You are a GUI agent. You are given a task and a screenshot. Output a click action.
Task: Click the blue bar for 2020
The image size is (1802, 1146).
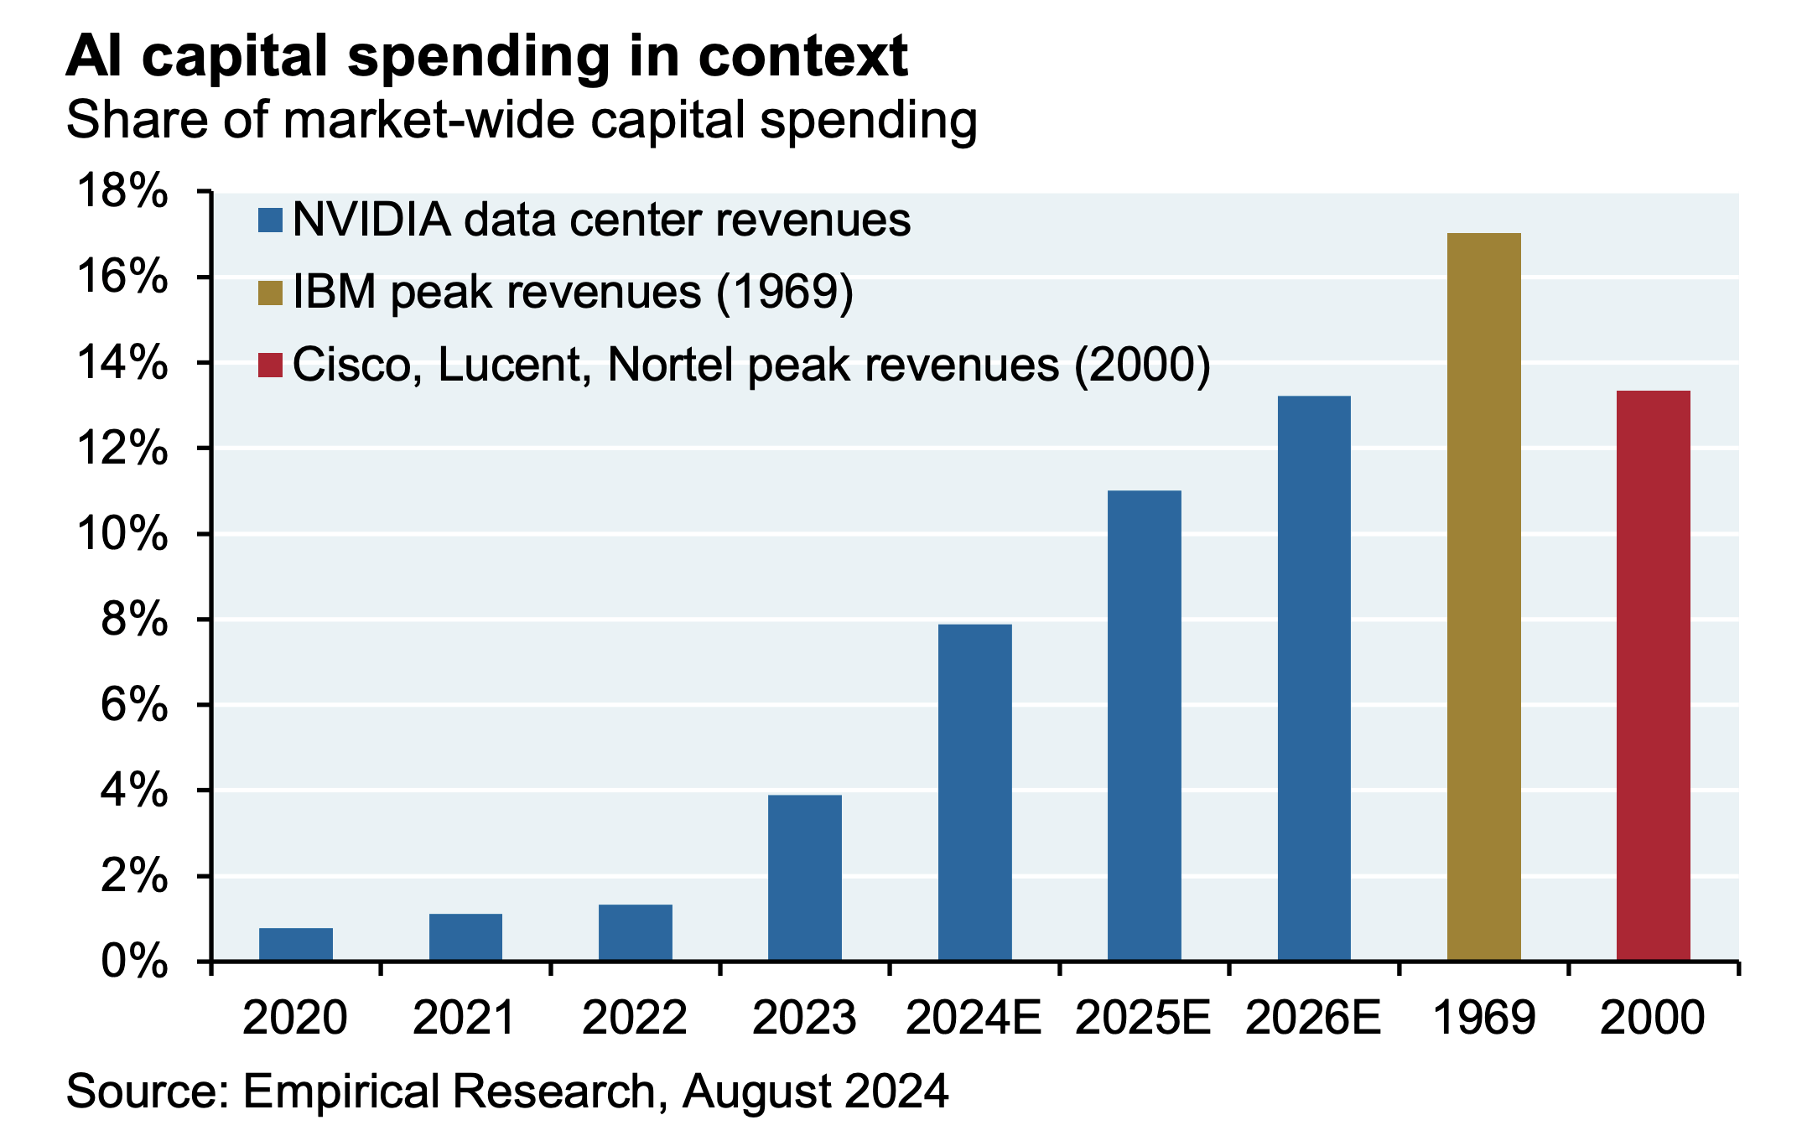pyautogui.click(x=295, y=944)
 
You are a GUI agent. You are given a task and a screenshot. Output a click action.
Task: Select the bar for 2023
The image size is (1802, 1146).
pyautogui.click(x=804, y=877)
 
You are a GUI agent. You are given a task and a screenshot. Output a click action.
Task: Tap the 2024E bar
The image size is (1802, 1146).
pyautogui.click(x=974, y=791)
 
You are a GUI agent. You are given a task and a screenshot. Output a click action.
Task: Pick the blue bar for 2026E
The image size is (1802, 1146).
pyautogui.click(x=1314, y=677)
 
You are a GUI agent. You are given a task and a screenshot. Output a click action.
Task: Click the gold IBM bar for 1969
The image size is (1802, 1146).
pyautogui.click(x=1483, y=596)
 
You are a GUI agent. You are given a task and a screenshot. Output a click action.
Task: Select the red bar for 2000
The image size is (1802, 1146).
pyautogui.click(x=1653, y=675)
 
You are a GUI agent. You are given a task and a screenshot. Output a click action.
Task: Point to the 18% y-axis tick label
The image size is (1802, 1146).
pyautogui.click(x=122, y=192)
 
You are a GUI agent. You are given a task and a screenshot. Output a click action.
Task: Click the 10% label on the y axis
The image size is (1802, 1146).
pyautogui.click(x=122, y=534)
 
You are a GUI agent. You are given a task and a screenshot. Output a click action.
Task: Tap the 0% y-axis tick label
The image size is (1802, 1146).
pyautogui.click(x=134, y=962)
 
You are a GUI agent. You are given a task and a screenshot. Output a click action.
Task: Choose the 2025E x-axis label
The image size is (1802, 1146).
pyautogui.click(x=1143, y=1019)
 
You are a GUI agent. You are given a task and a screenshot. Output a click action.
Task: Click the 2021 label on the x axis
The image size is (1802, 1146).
pyautogui.click(x=465, y=1019)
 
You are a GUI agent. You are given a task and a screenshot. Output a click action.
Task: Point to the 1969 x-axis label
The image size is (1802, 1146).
pyautogui.click(x=1483, y=1019)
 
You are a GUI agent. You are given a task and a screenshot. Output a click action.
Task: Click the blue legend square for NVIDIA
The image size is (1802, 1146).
pyautogui.click(x=271, y=220)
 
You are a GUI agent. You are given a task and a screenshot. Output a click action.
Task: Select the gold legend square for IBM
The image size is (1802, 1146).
pyautogui.click(x=271, y=293)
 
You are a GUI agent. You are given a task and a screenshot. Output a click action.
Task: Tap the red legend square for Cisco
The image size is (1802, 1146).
pyautogui.click(x=271, y=366)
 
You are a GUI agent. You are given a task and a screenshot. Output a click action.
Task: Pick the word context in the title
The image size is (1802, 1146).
pyautogui.click(x=802, y=57)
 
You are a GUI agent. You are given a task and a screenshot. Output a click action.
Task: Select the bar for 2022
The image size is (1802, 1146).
pyautogui.click(x=635, y=932)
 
